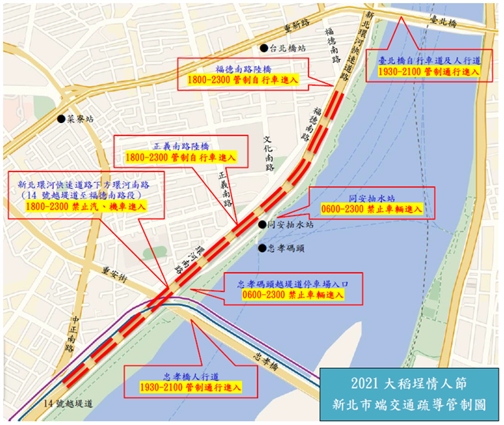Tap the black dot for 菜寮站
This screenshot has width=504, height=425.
point(61,119)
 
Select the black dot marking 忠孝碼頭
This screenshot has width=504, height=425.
point(261,248)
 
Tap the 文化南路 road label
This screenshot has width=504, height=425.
point(268,151)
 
